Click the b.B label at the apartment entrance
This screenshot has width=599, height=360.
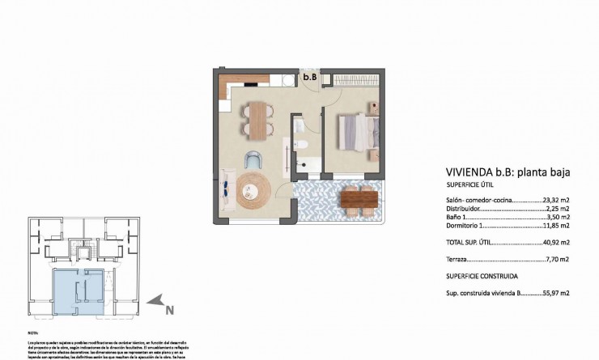click(309, 78)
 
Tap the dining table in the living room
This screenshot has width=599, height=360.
click(257, 121)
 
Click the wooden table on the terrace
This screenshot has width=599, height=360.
click(359, 197)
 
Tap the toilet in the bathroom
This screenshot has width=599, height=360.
click(299, 145)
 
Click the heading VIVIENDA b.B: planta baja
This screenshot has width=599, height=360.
click(508, 172)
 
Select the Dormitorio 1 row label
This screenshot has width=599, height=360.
click(465, 225)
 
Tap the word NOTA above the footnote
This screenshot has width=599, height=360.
click(33, 332)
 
